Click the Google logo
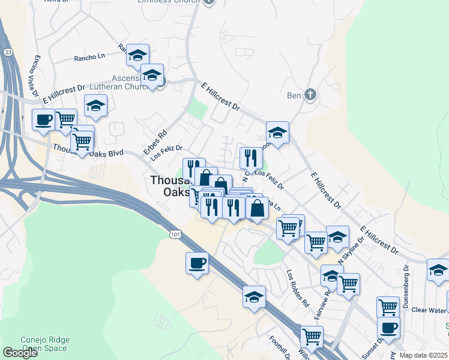20,353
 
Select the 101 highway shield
174,232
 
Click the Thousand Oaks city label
171,186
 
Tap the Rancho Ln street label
89,57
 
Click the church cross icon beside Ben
310,95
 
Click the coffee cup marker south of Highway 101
197,263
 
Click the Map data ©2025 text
423,355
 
